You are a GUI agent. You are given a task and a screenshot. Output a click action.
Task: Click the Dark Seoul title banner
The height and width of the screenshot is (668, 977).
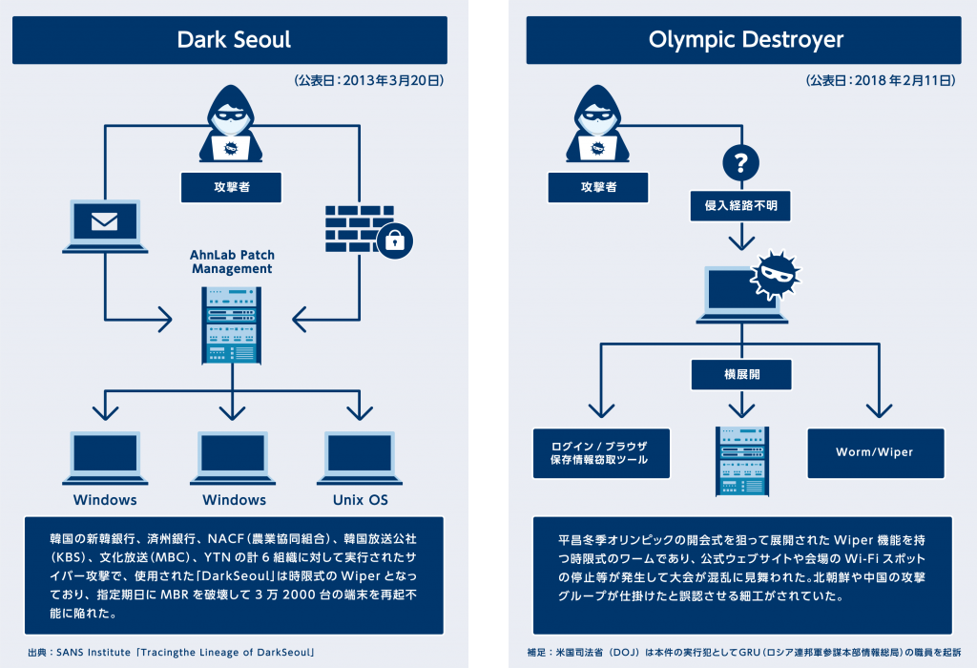coord(234,40)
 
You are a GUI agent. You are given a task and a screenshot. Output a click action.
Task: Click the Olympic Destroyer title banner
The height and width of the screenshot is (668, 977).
coord(746,40)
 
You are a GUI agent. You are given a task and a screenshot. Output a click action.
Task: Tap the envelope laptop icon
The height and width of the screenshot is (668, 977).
coord(104,225)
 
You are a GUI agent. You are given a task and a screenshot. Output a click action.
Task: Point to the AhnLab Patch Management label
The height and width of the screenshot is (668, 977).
coord(232,261)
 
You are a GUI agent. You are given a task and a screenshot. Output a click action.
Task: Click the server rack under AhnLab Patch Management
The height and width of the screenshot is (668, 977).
coord(232,324)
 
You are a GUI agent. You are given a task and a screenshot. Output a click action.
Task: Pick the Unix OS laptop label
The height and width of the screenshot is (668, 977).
coord(360,500)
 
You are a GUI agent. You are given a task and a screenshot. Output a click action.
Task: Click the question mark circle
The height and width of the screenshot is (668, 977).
coord(739,162)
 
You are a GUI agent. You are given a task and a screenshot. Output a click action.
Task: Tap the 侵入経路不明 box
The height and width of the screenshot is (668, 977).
coord(739,204)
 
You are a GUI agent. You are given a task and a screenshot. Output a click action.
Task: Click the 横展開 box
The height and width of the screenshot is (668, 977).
coord(741,374)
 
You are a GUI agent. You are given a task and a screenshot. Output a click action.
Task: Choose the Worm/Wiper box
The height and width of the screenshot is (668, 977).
coord(874,452)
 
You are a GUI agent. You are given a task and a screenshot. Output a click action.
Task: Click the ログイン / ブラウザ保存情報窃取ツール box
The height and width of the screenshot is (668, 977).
coord(601,452)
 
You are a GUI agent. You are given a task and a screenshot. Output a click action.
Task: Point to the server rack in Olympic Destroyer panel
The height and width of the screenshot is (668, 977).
coord(741,462)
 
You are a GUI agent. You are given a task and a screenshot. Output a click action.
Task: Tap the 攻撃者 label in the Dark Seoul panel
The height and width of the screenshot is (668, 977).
coord(232,187)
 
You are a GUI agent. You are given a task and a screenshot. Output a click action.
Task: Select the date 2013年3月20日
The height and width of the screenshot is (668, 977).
coord(370,82)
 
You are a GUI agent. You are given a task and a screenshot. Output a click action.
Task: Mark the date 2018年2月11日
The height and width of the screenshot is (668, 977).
coord(880,82)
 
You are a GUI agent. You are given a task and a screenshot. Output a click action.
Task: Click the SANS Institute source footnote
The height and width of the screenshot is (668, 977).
coord(172,653)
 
